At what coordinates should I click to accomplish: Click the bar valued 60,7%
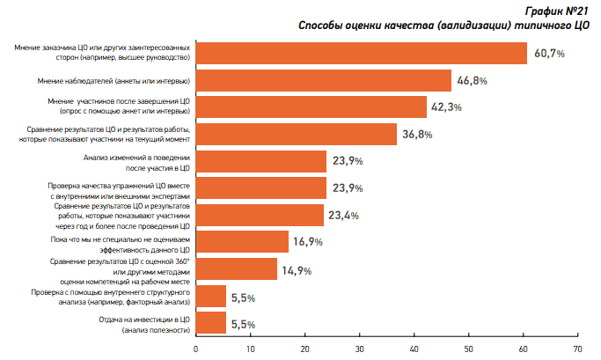click(361, 53)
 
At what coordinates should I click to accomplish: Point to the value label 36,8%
click(417, 135)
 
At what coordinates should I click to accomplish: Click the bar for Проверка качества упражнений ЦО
click(260, 188)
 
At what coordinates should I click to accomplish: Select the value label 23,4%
click(345, 215)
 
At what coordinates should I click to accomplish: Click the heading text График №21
click(563, 11)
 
